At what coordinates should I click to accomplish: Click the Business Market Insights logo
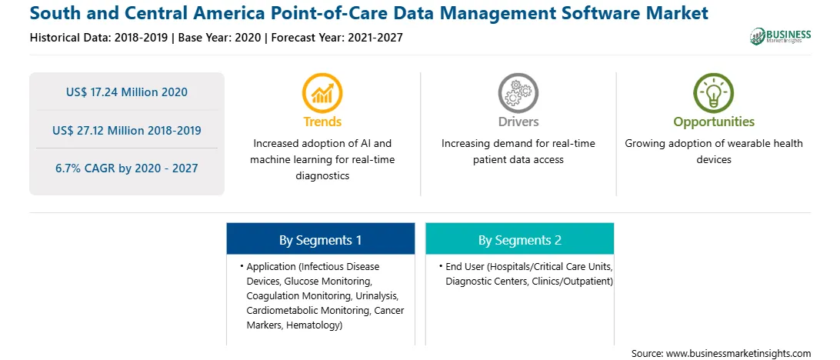pyautogui.click(x=781, y=36)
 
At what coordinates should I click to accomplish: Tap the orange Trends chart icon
pyautogui.click(x=322, y=92)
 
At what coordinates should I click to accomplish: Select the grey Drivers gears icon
pyautogui.click(x=518, y=92)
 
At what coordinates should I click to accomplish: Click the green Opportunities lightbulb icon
pyautogui.click(x=714, y=92)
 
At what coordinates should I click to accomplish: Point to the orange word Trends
pyautogui.click(x=322, y=122)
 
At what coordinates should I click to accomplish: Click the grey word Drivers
pyautogui.click(x=518, y=122)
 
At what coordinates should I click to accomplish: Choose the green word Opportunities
pyautogui.click(x=714, y=122)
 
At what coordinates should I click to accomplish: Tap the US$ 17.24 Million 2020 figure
pyautogui.click(x=127, y=92)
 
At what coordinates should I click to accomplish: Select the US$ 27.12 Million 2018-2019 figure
pyautogui.click(x=127, y=130)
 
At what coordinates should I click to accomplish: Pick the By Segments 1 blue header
pyautogui.click(x=320, y=238)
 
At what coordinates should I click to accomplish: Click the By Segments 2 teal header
pyautogui.click(x=520, y=238)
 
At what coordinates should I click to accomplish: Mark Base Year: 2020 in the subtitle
pyautogui.click(x=220, y=38)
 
